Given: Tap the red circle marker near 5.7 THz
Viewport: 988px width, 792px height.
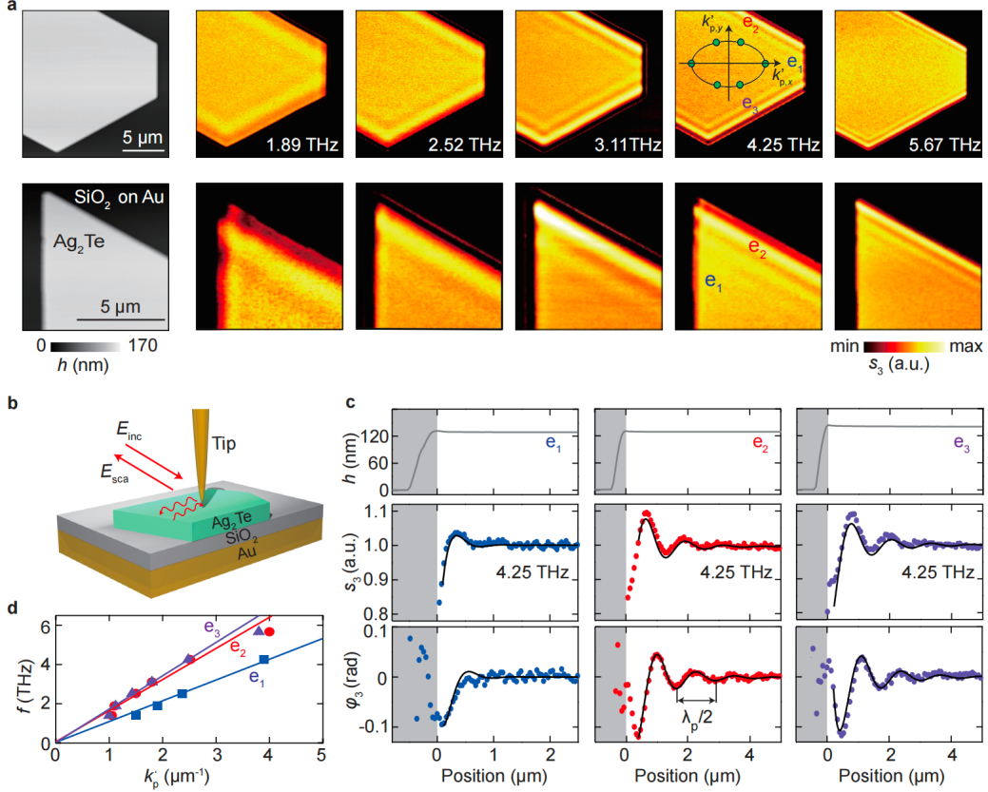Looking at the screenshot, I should (270, 631).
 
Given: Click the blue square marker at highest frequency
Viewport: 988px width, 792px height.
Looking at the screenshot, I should (263, 659).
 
